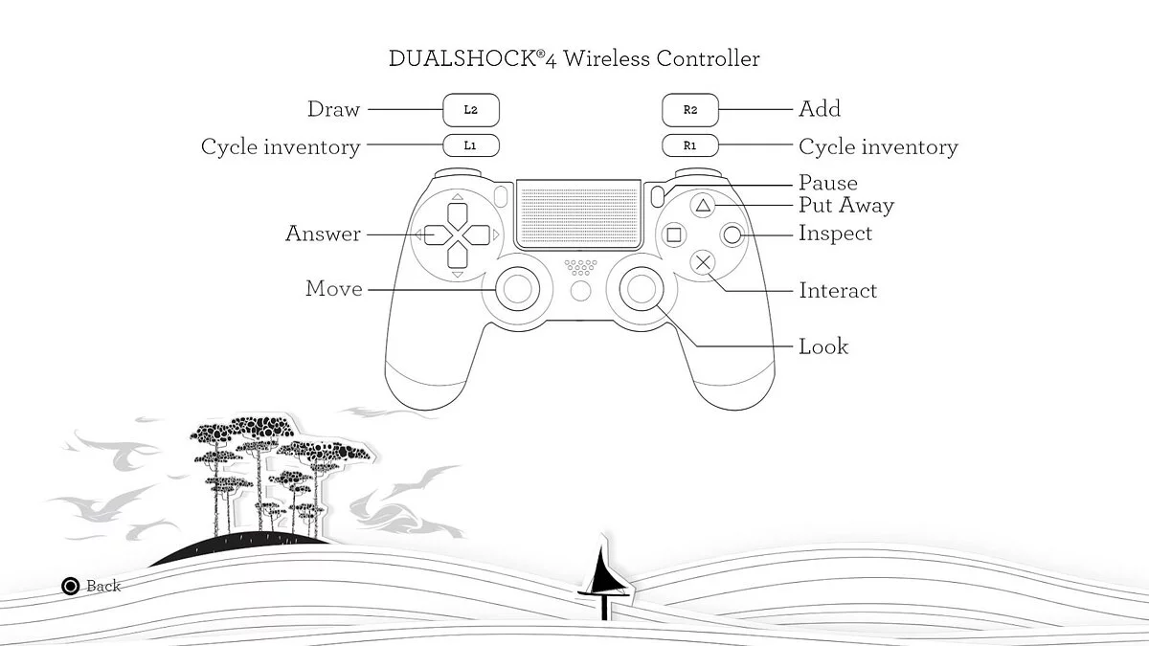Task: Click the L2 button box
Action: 471,110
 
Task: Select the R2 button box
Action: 690,110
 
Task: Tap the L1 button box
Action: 471,145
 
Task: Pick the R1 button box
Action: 690,145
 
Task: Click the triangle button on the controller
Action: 703,206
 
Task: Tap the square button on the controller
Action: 673,235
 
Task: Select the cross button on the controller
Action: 703,263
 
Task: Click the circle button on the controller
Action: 732,235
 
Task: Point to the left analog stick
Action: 517,289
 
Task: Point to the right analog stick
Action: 642,289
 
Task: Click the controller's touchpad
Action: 578,214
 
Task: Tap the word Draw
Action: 333,109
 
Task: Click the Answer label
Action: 324,234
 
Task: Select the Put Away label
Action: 846,205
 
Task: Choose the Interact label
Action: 838,291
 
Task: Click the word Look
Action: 823,346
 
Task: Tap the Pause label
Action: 828,183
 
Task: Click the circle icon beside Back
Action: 70,586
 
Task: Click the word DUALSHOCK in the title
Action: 462,58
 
